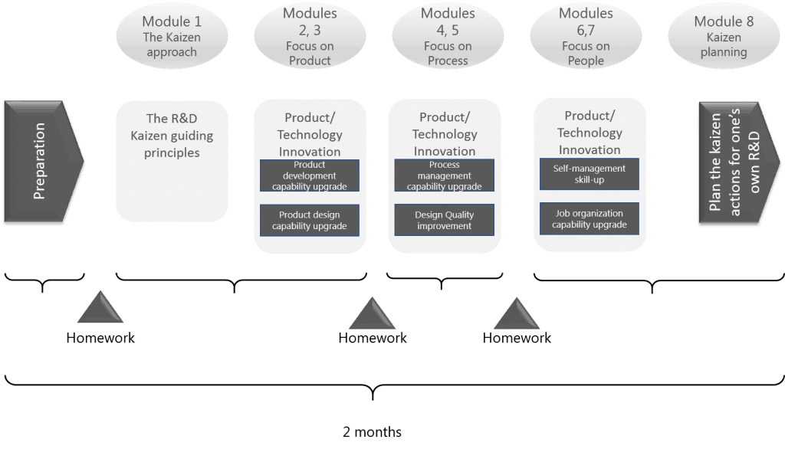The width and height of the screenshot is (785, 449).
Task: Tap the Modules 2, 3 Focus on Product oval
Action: (310, 36)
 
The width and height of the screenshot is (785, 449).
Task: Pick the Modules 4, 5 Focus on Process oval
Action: (448, 36)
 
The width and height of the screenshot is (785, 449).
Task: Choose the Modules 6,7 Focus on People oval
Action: (586, 36)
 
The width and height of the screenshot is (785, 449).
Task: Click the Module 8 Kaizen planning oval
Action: (724, 37)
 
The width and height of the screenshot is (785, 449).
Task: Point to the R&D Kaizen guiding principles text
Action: (172, 136)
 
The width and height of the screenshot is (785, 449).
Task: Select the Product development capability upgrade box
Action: (310, 175)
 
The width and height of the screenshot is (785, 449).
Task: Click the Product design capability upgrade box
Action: (310, 220)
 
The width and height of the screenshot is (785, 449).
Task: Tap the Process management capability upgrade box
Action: (445, 175)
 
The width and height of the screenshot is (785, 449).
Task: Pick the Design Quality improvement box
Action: (445, 220)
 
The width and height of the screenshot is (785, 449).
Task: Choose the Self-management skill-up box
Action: (590, 174)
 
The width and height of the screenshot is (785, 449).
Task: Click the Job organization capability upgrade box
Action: (590, 218)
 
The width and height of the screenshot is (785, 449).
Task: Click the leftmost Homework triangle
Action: (100, 311)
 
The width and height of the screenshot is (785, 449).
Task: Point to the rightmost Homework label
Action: (517, 338)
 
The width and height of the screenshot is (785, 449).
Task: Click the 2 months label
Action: (372, 432)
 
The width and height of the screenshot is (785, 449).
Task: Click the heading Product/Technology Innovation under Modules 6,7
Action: (590, 133)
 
